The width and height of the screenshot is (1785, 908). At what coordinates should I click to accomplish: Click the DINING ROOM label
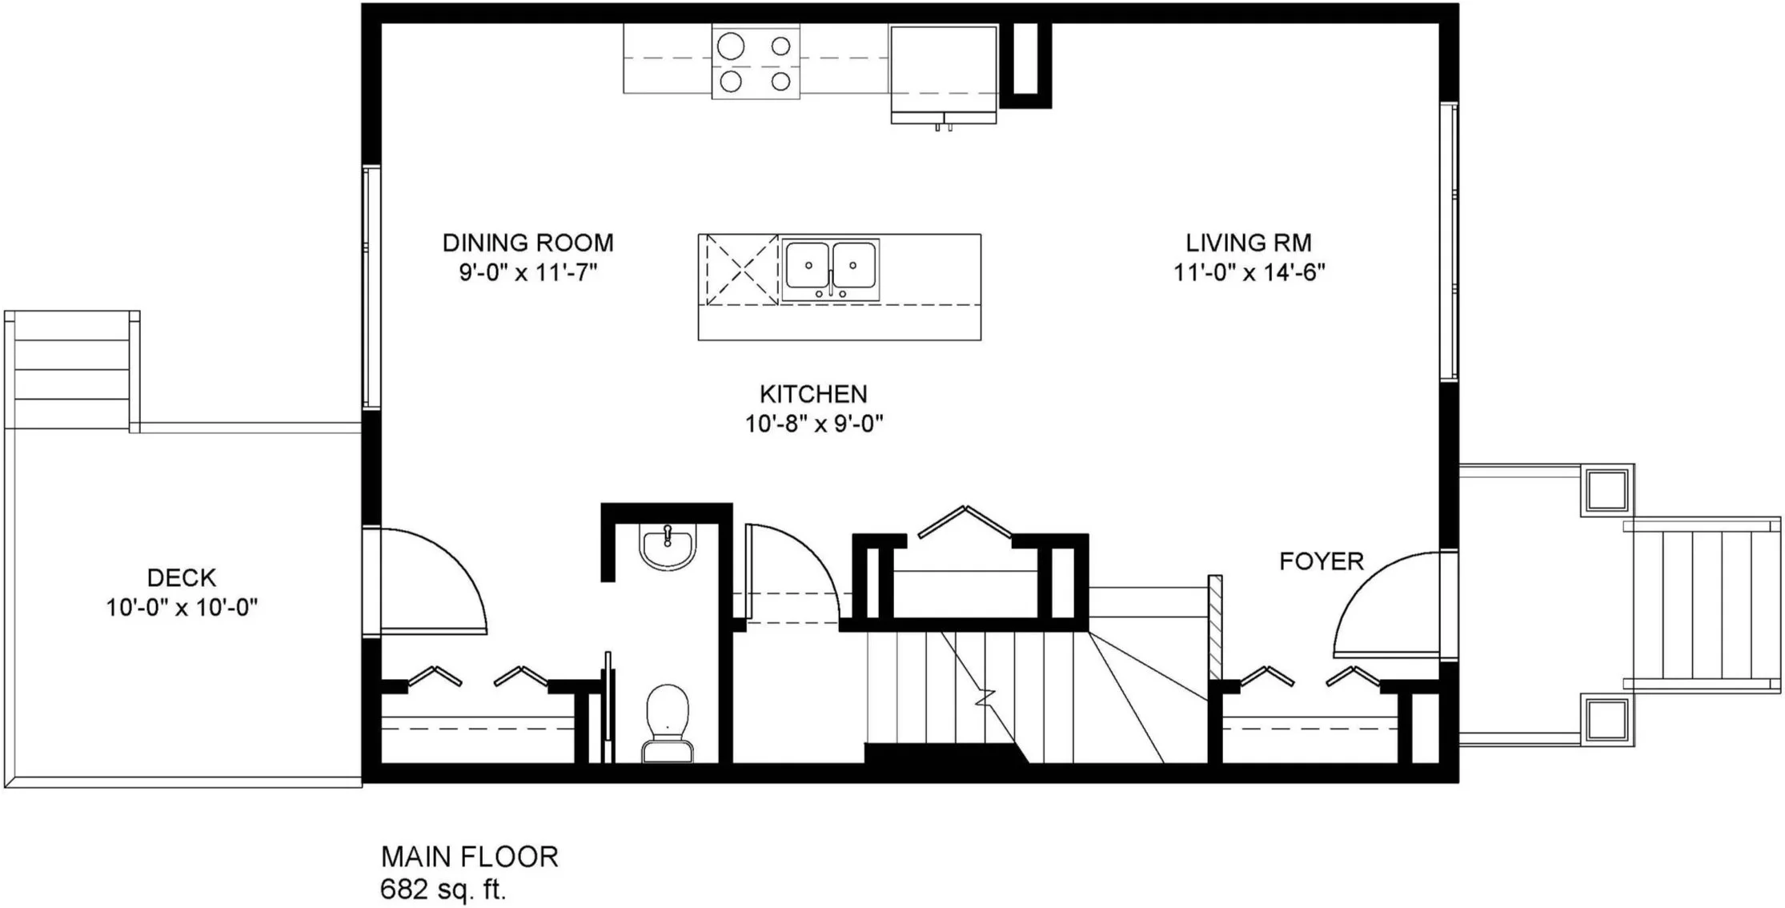coord(527,243)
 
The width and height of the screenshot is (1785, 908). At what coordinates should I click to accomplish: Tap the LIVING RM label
coord(1249,243)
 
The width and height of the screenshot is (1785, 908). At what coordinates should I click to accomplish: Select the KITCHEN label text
coord(813,394)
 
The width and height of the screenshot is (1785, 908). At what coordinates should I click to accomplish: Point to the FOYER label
coord(1321,561)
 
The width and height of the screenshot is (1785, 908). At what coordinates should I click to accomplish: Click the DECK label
coord(182,577)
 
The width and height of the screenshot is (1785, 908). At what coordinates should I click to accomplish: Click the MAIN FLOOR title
coord(469,857)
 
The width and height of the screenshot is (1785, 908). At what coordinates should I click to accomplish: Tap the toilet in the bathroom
coord(668,723)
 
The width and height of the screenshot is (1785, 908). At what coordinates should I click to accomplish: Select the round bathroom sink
coord(668,547)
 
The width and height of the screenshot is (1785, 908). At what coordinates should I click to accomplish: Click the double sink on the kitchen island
coord(830,269)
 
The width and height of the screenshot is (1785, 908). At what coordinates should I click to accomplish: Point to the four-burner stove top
coord(756,62)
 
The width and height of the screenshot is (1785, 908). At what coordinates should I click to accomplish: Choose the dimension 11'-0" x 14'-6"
coord(1249,273)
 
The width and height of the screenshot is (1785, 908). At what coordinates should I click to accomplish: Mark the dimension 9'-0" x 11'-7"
coord(527,273)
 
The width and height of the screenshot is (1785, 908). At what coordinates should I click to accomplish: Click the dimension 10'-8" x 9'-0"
coord(813,424)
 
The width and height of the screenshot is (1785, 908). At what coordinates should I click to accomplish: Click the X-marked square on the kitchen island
coord(741,270)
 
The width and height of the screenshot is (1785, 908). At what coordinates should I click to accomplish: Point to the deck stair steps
coord(72,370)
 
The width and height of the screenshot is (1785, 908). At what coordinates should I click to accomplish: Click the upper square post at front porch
coord(1606,490)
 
